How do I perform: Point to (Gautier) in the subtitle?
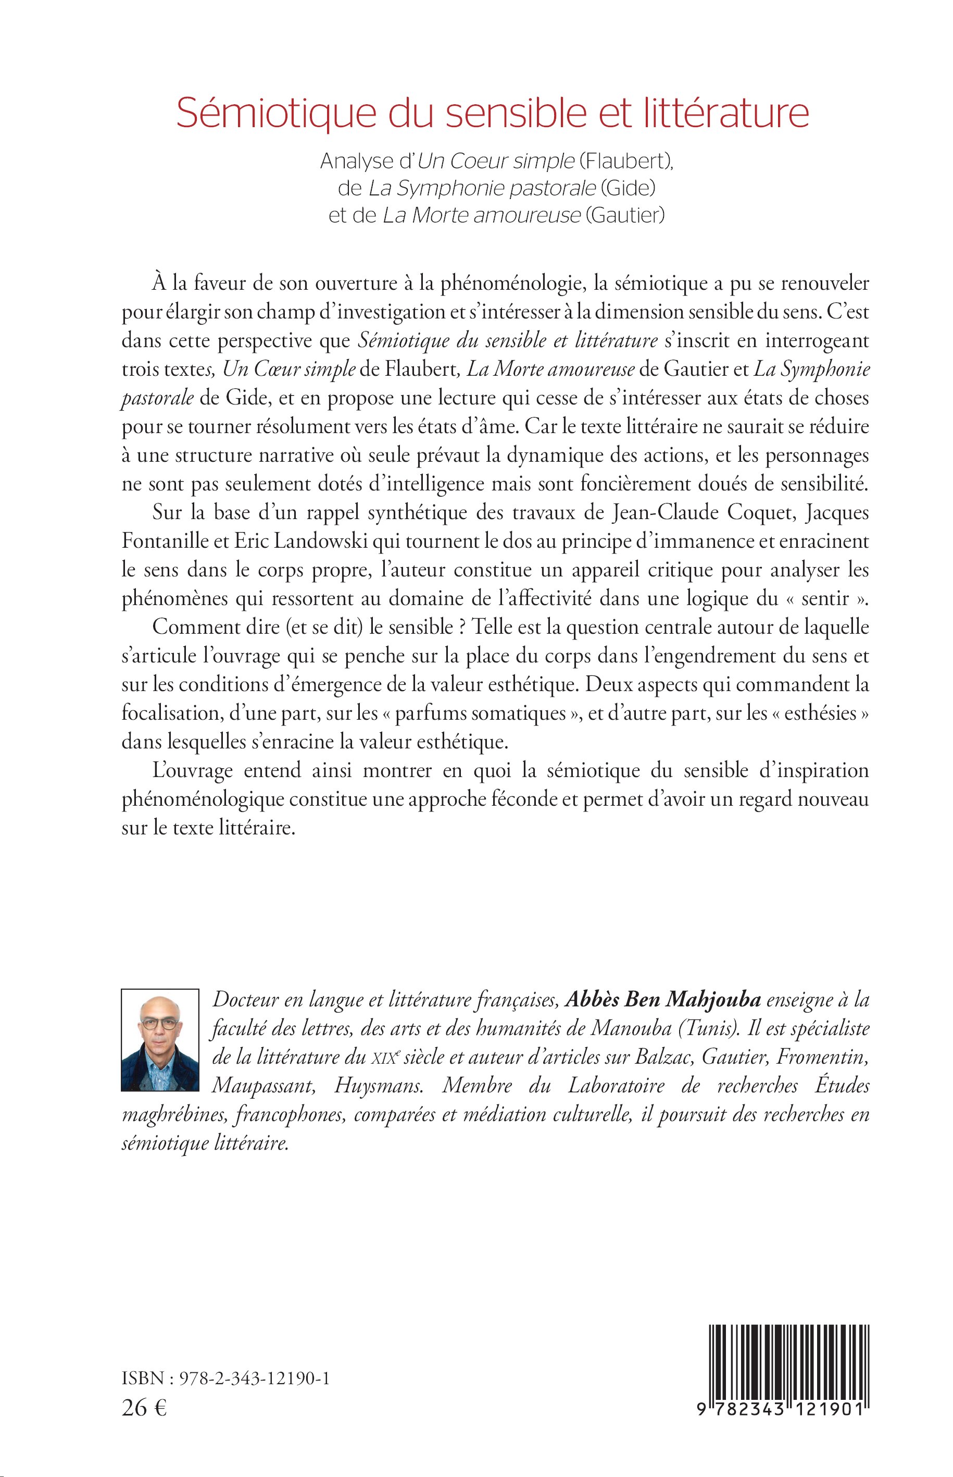pyautogui.click(x=625, y=216)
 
